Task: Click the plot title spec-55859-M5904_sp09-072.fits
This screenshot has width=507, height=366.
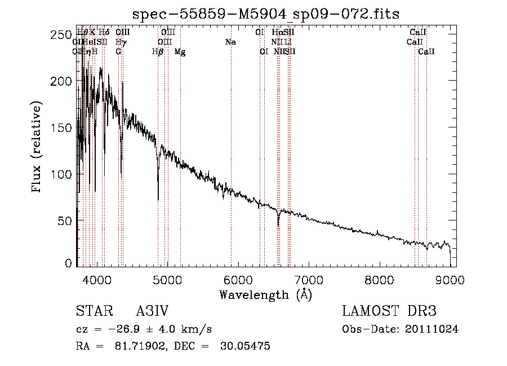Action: point(265,14)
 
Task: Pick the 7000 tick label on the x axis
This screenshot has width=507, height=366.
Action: point(309,279)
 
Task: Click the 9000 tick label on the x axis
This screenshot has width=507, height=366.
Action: point(450,279)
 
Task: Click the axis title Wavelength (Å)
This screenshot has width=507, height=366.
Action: point(265,294)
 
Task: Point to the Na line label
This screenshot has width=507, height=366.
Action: point(230,42)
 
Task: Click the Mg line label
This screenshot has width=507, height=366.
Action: point(180,52)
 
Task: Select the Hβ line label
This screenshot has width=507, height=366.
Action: point(158,52)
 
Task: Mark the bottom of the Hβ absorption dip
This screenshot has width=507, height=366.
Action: point(158,199)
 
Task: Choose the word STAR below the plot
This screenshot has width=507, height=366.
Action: point(91,311)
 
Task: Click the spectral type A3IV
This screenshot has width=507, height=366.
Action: point(152,311)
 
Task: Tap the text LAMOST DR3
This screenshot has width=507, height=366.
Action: point(389,311)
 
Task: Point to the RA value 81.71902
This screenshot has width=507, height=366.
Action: point(141,346)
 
